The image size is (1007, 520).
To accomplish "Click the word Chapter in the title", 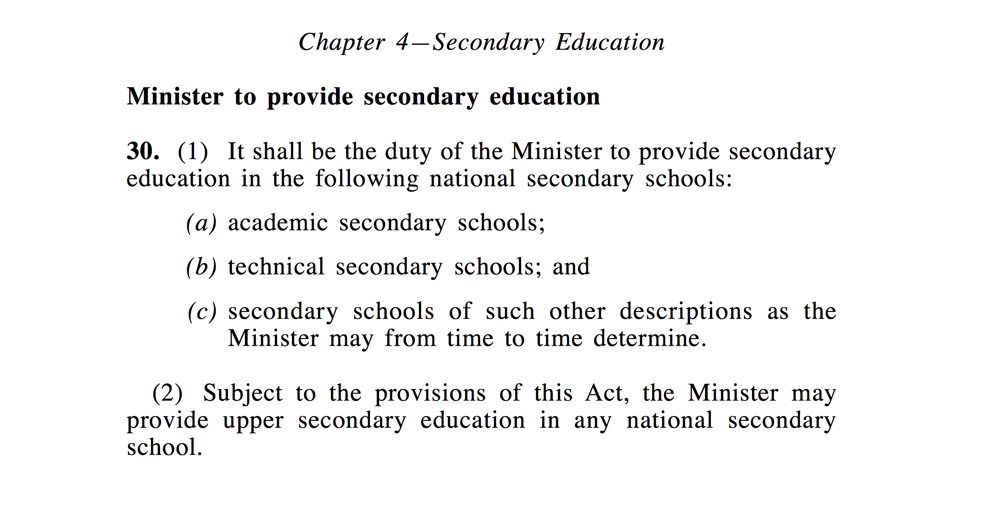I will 342,43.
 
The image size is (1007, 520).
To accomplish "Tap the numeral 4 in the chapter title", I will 402,42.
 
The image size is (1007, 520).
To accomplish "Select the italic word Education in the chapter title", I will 610,42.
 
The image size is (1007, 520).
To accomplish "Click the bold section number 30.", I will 143,151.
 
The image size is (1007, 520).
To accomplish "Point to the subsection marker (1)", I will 193,152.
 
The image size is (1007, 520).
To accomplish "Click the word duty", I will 408,152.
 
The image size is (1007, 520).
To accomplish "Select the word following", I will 366,179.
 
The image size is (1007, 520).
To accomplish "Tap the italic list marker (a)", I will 201,223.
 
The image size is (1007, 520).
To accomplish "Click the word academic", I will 278,223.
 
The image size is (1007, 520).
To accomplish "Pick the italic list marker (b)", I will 201,267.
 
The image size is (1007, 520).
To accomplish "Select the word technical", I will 276,267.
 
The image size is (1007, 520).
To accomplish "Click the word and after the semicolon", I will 571,267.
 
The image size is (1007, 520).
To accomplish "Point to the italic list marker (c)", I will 202,312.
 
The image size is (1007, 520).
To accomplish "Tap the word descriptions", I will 686,312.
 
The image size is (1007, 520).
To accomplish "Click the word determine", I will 649,339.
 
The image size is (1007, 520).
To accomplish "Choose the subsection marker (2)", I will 167,393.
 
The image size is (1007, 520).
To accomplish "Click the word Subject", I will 243,393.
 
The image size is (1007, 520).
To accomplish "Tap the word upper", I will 253,421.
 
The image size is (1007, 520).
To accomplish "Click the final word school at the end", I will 164,448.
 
